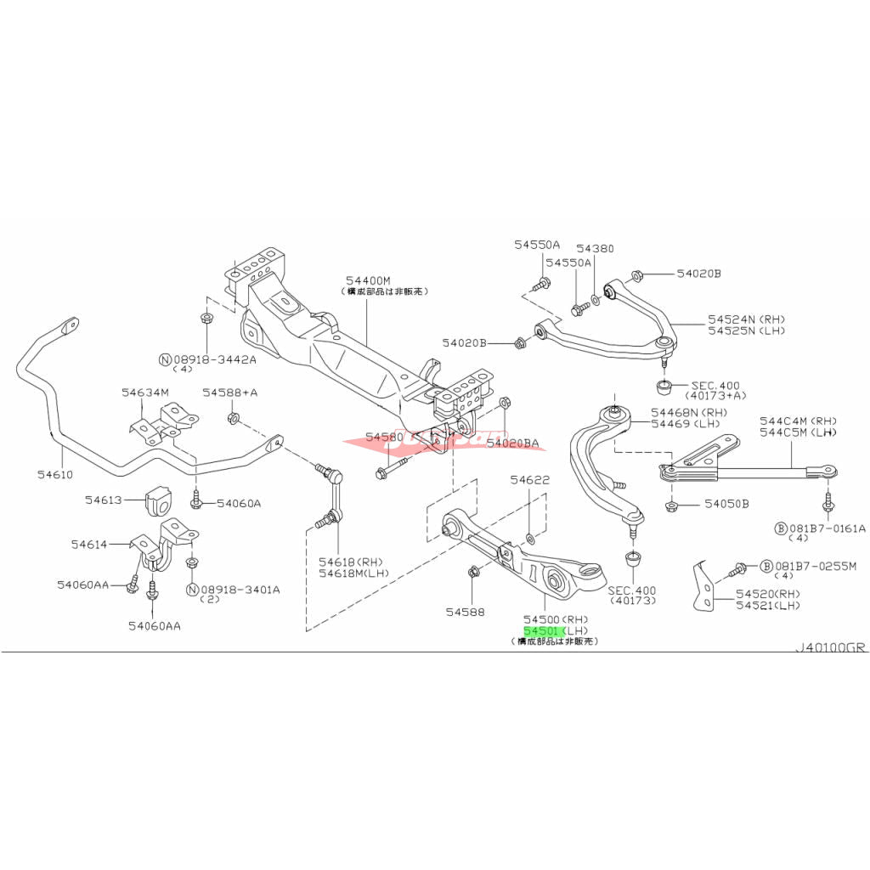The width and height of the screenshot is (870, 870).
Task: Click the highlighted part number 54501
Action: (x=540, y=631)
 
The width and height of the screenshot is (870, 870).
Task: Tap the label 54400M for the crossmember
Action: (x=368, y=280)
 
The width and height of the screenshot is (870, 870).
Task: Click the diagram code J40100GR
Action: (x=830, y=647)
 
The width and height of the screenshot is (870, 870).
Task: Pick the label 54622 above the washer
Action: (x=530, y=480)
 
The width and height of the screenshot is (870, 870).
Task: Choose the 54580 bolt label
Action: (x=385, y=437)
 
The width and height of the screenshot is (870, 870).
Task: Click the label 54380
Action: (x=594, y=248)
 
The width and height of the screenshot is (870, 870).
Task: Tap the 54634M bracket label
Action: (x=145, y=392)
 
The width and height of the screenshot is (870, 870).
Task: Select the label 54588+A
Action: (x=229, y=393)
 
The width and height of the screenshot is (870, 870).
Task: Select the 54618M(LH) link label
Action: (x=353, y=573)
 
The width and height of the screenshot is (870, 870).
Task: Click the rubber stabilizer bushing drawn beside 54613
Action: (x=159, y=501)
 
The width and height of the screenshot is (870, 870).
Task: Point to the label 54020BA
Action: (x=518, y=442)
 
